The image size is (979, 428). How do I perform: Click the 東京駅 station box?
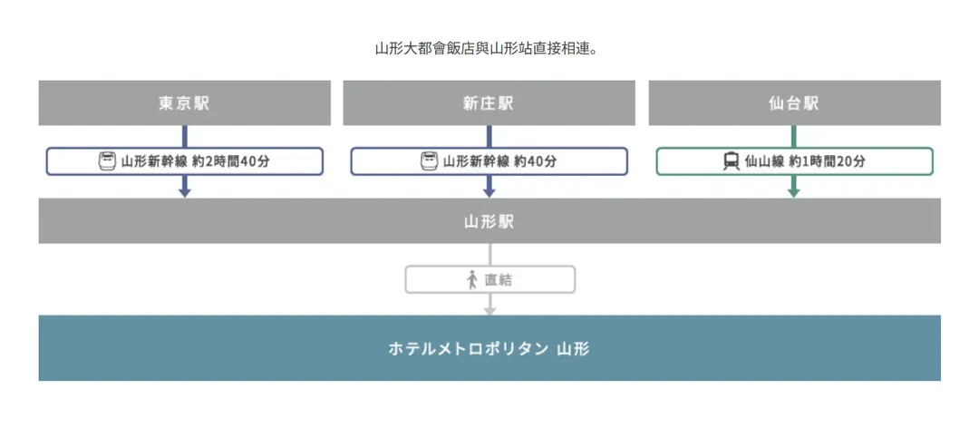(x=185, y=103)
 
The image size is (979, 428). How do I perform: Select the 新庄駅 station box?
(x=489, y=103)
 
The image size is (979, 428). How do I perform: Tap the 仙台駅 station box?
(x=794, y=103)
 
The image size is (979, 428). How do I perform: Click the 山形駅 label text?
(x=489, y=221)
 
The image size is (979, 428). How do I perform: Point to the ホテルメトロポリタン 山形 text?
(x=489, y=348)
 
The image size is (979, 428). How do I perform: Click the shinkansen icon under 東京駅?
(x=107, y=161)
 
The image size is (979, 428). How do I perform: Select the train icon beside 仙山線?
(x=732, y=161)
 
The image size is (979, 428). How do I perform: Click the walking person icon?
(x=472, y=280)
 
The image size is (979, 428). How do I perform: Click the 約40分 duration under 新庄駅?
(x=535, y=161)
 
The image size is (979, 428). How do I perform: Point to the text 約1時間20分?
(x=828, y=161)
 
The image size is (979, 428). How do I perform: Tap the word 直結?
(x=499, y=280)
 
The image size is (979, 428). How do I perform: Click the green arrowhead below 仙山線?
(x=793, y=192)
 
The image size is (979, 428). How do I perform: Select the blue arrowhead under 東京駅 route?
(x=184, y=192)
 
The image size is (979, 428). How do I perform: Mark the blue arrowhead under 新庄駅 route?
(x=489, y=192)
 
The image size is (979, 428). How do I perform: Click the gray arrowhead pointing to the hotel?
(x=490, y=310)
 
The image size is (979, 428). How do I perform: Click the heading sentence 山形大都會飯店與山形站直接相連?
(x=486, y=48)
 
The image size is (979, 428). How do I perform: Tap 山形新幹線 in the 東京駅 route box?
(x=154, y=161)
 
